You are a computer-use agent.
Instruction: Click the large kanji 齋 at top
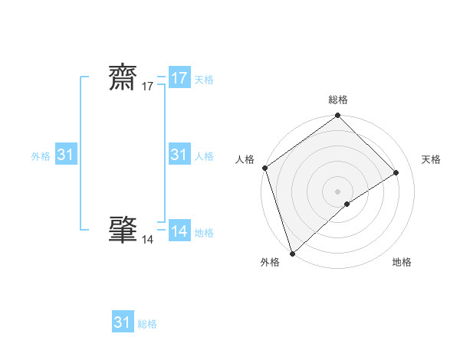click(x=124, y=78)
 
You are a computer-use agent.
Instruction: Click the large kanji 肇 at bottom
click(x=124, y=230)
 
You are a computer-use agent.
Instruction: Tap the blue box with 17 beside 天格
click(x=179, y=78)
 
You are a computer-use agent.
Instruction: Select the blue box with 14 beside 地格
click(x=179, y=231)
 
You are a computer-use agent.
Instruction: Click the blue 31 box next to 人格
click(x=179, y=155)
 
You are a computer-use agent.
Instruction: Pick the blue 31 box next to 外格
click(x=66, y=155)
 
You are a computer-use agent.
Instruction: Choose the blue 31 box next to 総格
click(x=123, y=322)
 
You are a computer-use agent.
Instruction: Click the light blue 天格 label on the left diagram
click(x=204, y=80)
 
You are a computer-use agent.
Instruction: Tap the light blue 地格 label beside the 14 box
click(x=204, y=233)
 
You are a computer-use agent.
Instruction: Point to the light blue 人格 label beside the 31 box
click(x=204, y=156)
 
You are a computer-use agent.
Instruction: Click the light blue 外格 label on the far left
click(x=41, y=156)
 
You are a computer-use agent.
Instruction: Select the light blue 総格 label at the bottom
click(x=147, y=324)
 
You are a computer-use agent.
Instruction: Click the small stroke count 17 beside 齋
click(x=147, y=87)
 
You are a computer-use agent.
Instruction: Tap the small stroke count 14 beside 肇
click(x=147, y=240)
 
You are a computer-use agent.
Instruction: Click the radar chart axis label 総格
click(x=338, y=100)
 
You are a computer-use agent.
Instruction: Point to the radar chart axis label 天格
click(x=432, y=159)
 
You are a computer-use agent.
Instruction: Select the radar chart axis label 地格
click(x=402, y=262)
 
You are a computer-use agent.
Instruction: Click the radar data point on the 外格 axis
click(x=292, y=253)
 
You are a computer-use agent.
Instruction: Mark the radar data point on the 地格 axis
click(x=347, y=204)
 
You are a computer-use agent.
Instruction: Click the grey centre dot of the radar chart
click(x=338, y=191)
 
